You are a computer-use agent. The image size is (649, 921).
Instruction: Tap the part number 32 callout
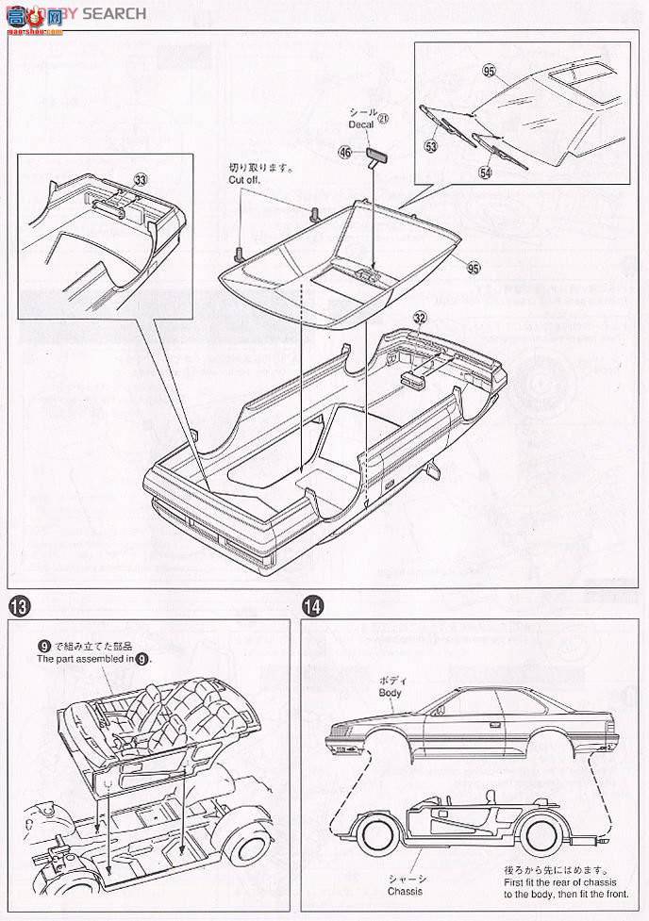click(419, 319)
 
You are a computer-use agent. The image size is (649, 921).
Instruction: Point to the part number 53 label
click(431, 146)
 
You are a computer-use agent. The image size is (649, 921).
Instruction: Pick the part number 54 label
click(485, 173)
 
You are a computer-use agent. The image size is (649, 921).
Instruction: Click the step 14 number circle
click(312, 604)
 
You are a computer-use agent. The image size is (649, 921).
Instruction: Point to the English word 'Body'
click(390, 692)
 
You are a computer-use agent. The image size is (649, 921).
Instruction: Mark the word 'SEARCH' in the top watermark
click(114, 13)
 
